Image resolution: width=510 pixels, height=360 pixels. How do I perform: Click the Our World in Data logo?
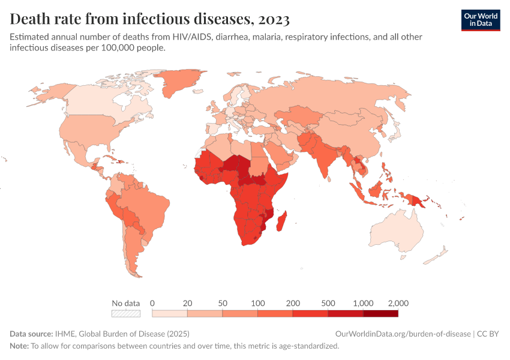tap(481, 19)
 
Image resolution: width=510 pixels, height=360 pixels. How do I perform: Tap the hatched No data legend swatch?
tap(126, 313)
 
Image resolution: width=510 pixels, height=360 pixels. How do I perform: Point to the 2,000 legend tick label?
tap(398, 303)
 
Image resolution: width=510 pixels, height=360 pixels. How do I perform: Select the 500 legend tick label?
tap(328, 303)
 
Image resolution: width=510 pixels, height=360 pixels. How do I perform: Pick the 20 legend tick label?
tap(187, 303)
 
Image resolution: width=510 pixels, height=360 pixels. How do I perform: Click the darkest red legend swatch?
tap(380, 313)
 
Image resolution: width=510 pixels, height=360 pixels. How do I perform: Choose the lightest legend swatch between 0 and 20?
tap(170, 313)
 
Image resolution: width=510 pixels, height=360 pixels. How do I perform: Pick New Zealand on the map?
tap(437, 254)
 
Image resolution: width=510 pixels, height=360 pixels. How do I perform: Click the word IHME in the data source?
tap(64, 334)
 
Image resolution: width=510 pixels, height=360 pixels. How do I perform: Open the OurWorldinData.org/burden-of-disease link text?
tap(403, 334)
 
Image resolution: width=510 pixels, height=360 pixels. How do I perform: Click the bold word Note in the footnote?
tap(19, 346)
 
